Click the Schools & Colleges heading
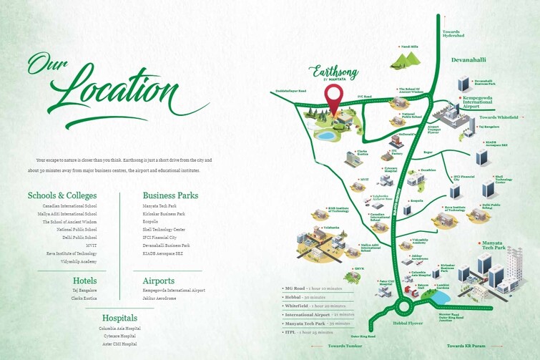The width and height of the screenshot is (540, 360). tap(62, 195)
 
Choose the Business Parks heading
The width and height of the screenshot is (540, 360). tap(170, 195)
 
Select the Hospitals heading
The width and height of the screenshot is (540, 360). tap(119, 318)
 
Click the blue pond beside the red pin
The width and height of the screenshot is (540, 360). tap(325, 135)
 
